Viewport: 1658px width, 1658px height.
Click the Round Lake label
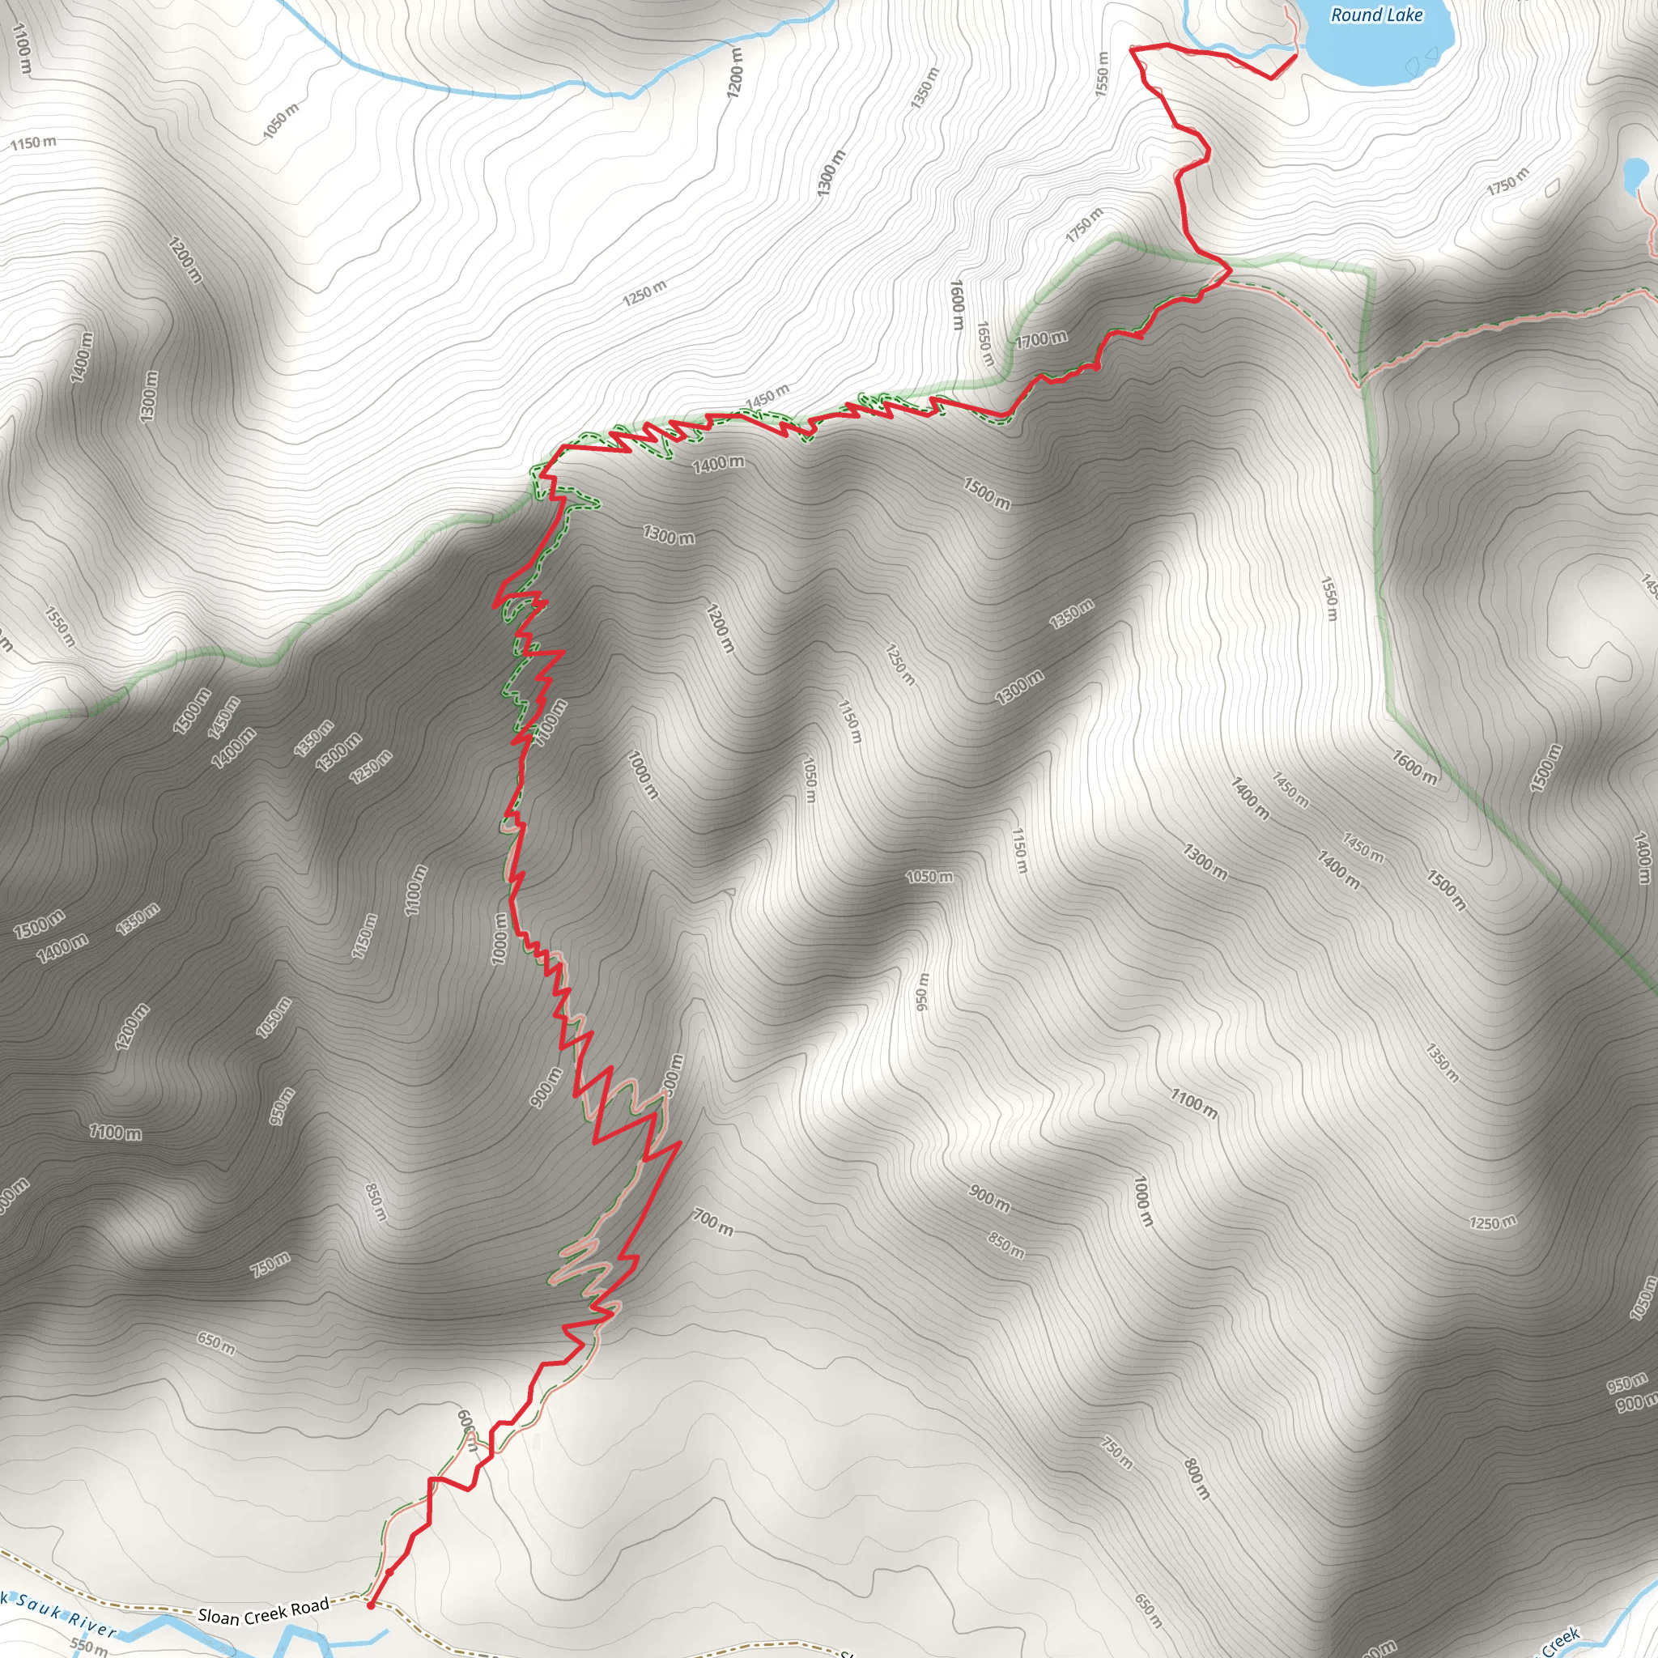tap(1375, 15)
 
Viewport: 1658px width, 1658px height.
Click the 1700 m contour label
tap(1041, 340)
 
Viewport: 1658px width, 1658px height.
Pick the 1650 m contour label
tap(985, 344)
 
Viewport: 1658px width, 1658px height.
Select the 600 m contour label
tap(467, 1430)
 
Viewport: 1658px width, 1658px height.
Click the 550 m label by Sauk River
tap(88, 1646)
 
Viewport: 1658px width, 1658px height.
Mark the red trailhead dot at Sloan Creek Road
tap(371, 1605)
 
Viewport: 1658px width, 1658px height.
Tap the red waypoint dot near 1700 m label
tap(1097, 367)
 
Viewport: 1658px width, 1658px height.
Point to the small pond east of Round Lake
tap(1635, 175)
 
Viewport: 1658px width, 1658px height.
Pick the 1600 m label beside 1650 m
tap(958, 304)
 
